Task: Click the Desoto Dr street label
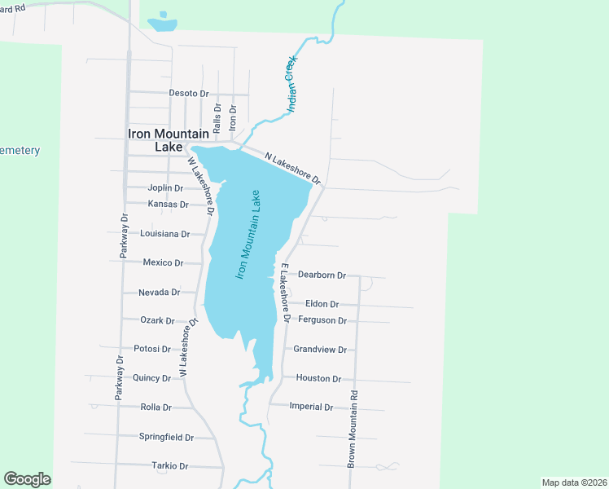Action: point(188,93)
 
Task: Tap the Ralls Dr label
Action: point(217,118)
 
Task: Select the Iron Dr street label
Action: point(233,117)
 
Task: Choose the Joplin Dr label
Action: point(165,188)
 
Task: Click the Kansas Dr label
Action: point(168,205)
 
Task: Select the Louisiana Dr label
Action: point(164,234)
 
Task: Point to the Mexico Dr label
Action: point(162,263)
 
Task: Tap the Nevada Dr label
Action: point(159,293)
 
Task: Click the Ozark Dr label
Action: point(157,321)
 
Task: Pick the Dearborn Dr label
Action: point(322,275)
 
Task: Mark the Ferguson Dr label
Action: point(322,320)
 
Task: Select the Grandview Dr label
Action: point(320,350)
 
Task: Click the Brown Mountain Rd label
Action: point(353,428)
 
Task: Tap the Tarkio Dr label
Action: point(169,466)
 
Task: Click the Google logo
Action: point(27,479)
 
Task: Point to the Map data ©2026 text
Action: point(574,482)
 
